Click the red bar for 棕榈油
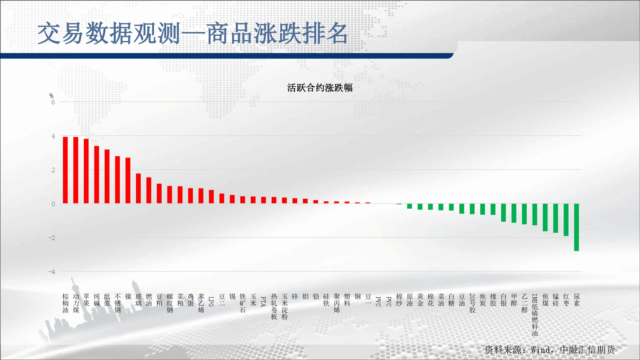point(65,170)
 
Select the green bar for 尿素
point(576,227)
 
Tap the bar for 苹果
point(86,171)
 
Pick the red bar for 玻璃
point(138,188)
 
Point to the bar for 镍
point(128,180)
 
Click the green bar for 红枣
point(566,220)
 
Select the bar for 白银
point(503,212)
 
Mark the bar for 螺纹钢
point(170,195)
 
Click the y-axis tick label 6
point(53,102)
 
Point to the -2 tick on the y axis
point(52,238)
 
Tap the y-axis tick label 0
point(53,204)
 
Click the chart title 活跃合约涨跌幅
point(320,88)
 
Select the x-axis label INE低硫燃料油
point(535,315)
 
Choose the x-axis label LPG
point(211,301)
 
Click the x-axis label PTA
point(263,301)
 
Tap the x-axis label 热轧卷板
point(274,307)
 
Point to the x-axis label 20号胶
point(472,303)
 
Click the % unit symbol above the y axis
point(51,96)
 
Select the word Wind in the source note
point(541,350)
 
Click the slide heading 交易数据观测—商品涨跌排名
point(192,33)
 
